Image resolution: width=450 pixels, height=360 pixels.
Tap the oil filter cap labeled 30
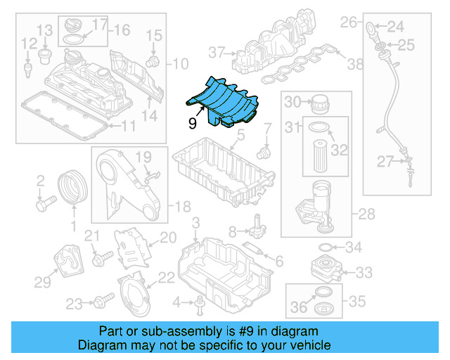tap(320, 102)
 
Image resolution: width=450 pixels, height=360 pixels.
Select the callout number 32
tap(340, 150)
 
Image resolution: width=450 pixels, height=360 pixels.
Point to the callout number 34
tap(353, 247)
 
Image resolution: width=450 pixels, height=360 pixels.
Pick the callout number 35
tap(357, 302)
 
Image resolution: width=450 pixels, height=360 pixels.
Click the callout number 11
tap(127, 127)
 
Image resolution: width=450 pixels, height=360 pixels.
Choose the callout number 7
tap(267, 129)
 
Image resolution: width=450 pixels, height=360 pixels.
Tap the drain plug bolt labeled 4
tap(200, 303)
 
